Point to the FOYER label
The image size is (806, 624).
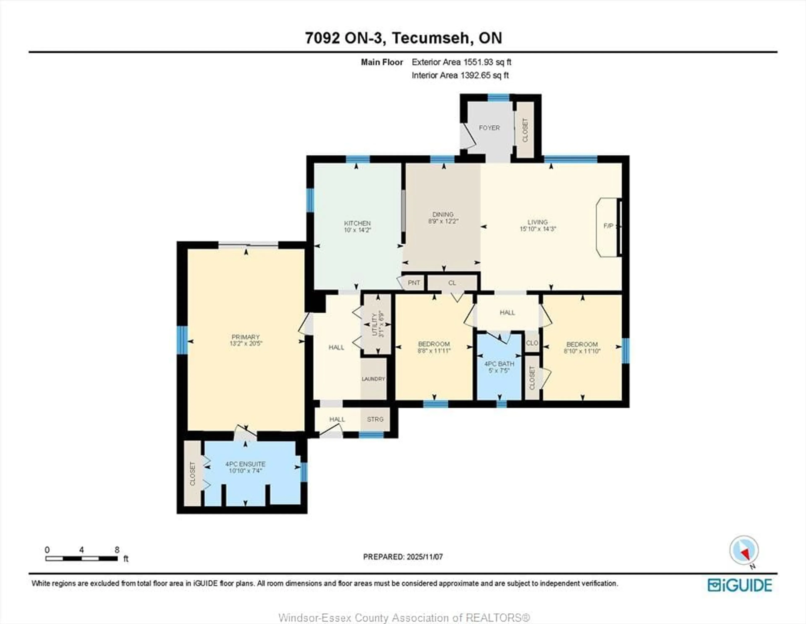coord(489,128)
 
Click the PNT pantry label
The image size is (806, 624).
coord(414,283)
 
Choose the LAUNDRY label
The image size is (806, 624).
coord(373,379)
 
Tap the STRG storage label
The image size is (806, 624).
coord(375,419)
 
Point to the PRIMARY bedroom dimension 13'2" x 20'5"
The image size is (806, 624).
coord(246,343)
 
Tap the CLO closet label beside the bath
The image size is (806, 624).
coord(532,343)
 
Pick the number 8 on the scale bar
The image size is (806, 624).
coord(117,550)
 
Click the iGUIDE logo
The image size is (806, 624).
coord(740,585)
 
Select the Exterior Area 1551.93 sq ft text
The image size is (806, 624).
coord(461,62)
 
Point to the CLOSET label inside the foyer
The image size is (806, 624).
coord(525,130)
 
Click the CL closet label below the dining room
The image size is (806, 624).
coord(452,283)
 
